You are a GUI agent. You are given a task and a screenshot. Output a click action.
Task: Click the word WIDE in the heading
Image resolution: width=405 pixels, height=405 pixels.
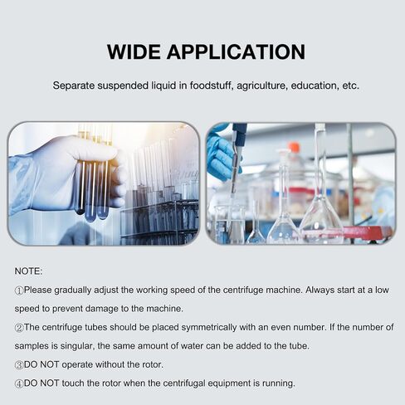click(134, 51)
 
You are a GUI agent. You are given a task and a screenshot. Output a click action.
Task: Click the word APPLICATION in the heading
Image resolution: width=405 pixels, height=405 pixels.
click(236, 51)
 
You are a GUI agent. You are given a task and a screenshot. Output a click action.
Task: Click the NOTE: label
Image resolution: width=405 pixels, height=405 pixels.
click(28, 271)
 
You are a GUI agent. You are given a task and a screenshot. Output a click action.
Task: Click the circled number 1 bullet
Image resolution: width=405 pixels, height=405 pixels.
click(19, 290)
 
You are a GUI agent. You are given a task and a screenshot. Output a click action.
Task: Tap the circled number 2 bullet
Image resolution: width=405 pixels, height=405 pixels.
click(19, 328)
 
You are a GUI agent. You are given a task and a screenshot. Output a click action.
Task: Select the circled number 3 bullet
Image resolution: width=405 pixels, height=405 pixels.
click(19, 365)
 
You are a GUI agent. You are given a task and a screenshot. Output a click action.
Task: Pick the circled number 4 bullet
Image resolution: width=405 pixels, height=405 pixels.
click(19, 384)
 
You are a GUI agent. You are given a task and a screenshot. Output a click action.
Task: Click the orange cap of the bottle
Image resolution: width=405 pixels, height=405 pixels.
click(294, 147)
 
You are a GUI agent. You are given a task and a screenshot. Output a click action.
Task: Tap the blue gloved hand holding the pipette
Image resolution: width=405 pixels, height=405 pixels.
click(222, 154)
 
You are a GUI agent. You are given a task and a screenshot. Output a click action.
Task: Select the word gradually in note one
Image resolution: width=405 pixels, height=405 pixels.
click(72, 290)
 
